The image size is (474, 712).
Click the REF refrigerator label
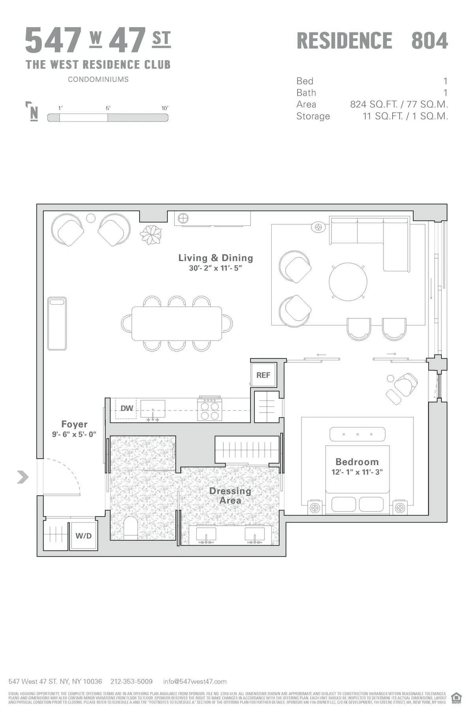point(263,375)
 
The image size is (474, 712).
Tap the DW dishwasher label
point(126,408)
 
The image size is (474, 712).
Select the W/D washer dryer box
point(83,536)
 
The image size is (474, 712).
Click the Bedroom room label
point(357,462)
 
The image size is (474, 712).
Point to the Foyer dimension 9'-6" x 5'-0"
point(74,434)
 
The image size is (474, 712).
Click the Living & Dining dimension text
point(215,268)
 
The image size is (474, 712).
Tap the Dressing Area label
point(230,496)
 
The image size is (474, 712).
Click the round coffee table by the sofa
point(348,282)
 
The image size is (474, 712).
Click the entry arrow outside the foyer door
point(23,477)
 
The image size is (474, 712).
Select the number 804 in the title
point(429,41)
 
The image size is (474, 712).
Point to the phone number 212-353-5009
point(131,682)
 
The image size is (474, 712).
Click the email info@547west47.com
point(195,682)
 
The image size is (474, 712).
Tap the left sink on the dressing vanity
point(206,534)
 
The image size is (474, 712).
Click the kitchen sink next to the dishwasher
point(153,409)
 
